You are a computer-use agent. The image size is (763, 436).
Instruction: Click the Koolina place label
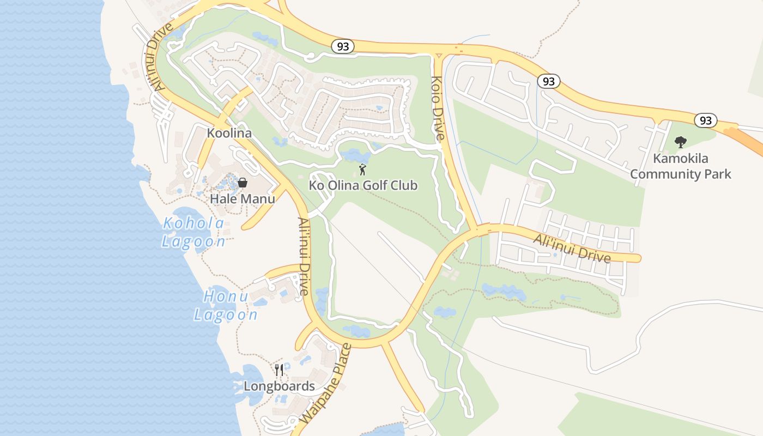coord(229,133)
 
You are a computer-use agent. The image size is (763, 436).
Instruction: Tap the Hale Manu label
coord(243,198)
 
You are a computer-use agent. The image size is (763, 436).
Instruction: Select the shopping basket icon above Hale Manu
coord(243,182)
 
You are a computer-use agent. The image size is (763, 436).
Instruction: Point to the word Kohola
coord(193,223)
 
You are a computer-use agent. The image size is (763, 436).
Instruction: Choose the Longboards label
coord(279,386)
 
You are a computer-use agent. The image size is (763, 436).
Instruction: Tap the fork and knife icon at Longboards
coord(279,371)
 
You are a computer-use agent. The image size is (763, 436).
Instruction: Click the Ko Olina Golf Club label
coord(363,185)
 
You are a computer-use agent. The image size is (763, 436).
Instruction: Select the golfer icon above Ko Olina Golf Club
coord(362,169)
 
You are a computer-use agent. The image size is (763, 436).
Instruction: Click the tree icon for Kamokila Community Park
coord(680,142)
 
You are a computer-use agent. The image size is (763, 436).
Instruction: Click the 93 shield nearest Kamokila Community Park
coord(705,120)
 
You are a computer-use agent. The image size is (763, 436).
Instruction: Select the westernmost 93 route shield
coord(343,47)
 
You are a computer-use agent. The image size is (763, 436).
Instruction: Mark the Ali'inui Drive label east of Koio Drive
coord(572,248)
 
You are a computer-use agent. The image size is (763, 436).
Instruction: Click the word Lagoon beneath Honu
coord(226,314)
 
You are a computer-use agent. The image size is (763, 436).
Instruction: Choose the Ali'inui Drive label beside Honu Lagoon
coord(304,256)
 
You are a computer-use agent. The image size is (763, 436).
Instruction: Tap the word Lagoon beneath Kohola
coord(193,241)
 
